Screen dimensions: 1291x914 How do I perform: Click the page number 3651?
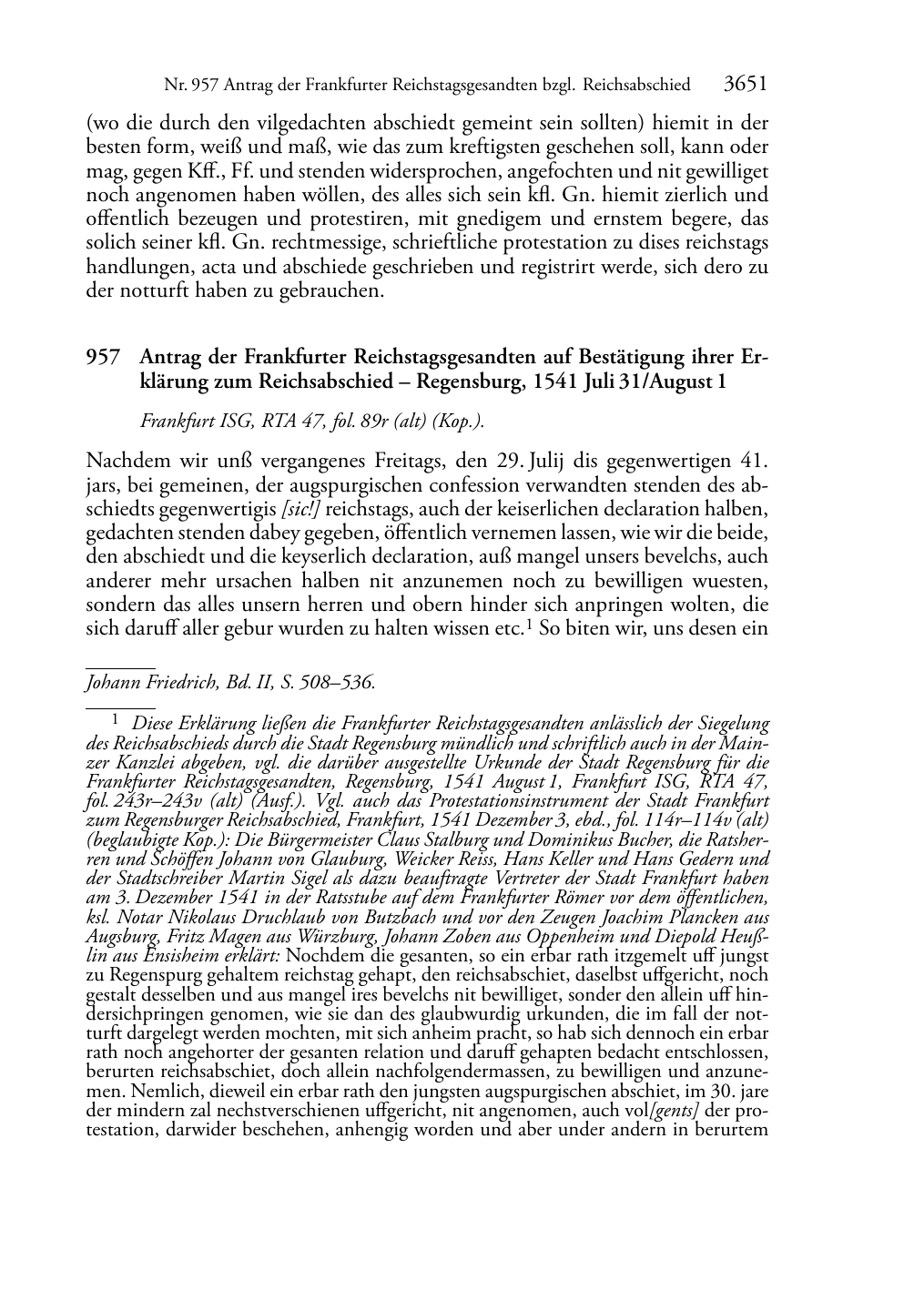click(745, 85)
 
